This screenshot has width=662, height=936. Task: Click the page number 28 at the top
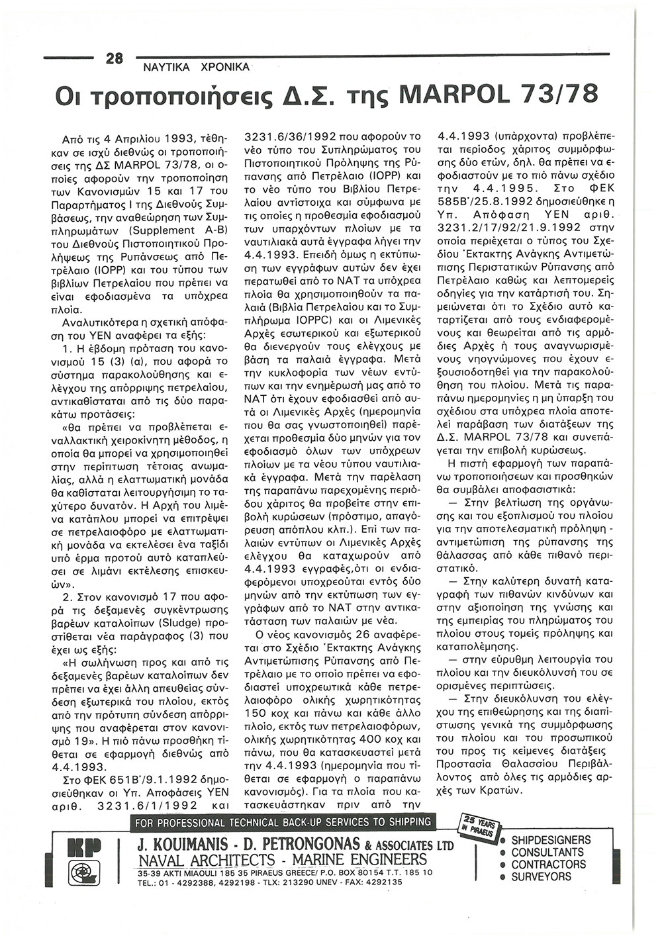tap(115, 58)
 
